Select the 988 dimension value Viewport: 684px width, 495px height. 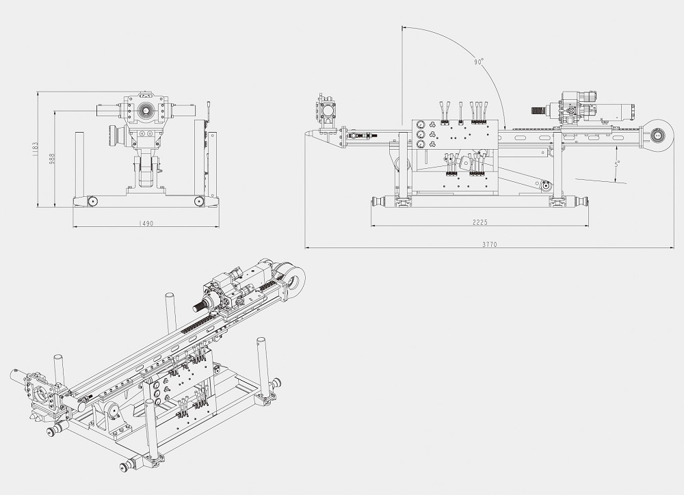51,159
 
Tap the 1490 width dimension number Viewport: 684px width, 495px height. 146,224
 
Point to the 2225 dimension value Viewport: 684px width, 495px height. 480,222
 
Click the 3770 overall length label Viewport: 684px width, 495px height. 490,244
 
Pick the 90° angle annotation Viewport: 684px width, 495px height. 479,62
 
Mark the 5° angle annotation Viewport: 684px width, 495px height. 617,164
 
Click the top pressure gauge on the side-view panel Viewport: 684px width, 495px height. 421,124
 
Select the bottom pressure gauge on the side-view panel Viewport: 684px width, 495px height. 421,144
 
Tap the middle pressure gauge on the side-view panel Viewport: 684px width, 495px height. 421,134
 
